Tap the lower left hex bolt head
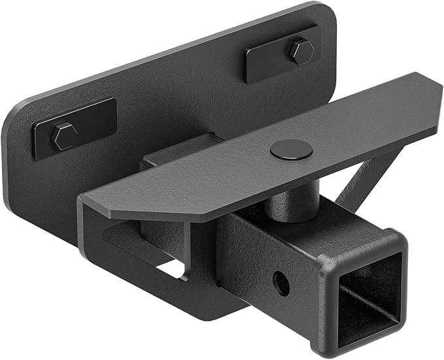point(64,136)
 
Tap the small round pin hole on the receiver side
point(281,283)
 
